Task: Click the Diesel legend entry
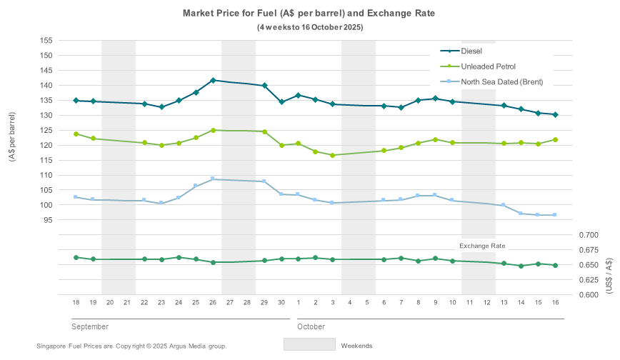tap(471, 51)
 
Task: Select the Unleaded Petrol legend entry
tap(488, 66)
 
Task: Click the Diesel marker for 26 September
tap(213, 81)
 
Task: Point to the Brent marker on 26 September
tap(213, 179)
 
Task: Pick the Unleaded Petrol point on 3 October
tap(333, 155)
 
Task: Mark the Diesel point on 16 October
tap(555, 114)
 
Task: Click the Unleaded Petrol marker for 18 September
tap(76, 134)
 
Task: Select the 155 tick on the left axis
tap(46, 41)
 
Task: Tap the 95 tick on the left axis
tap(48, 220)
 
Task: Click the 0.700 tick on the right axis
tap(590, 235)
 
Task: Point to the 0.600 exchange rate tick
tap(590, 294)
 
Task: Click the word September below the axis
tap(90, 326)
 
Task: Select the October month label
tap(311, 326)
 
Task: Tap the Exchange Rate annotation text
tap(482, 246)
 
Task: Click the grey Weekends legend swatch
tap(309, 344)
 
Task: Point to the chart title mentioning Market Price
tap(309, 14)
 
